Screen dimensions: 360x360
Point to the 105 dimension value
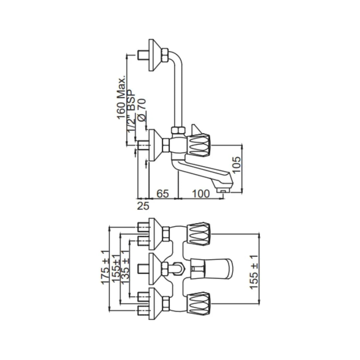pos(236,164)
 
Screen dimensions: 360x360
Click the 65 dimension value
pos(163,194)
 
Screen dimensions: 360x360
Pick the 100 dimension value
pos(201,194)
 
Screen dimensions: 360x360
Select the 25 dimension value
pos(143,206)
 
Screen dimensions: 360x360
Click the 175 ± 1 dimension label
pos(105,267)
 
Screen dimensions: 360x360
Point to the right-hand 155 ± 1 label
pos(254,272)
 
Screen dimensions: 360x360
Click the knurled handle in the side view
pos(200,145)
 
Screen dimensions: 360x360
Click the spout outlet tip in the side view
pos(223,190)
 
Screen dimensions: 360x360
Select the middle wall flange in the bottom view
pos(154,268)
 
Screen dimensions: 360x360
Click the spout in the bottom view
pos(217,268)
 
